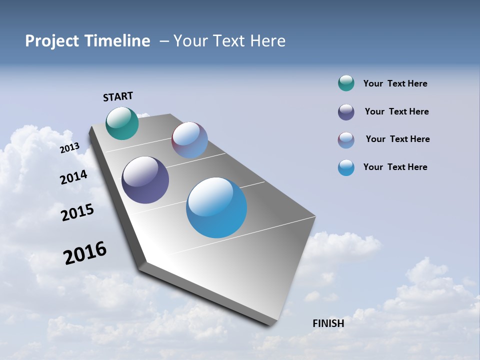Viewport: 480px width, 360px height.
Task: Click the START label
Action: pos(118,96)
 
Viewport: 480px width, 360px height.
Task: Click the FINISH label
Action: pos(328,323)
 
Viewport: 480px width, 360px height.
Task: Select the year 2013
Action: pos(70,148)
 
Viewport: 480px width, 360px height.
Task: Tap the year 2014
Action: pos(74,177)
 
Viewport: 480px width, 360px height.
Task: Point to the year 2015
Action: pos(77,212)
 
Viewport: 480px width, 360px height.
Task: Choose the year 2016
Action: pos(85,253)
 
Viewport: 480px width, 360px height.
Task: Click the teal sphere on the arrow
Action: pos(122,123)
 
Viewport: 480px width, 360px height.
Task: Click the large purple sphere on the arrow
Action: pos(145,180)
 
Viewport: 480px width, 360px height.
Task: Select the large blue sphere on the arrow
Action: pos(216,207)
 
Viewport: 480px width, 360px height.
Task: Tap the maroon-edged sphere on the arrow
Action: pos(189,140)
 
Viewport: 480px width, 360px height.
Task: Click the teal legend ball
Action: pos(346,83)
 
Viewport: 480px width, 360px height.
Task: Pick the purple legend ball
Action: pos(346,112)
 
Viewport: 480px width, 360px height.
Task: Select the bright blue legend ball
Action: pos(346,167)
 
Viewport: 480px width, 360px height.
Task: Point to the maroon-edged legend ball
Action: pos(346,140)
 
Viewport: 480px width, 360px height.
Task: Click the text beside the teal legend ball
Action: pos(395,83)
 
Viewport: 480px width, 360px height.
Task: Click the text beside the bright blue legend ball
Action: pos(395,167)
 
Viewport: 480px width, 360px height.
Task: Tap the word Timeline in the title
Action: pos(118,41)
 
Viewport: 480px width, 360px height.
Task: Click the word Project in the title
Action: pos(52,41)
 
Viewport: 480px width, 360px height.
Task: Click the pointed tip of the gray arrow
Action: pos(272,324)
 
